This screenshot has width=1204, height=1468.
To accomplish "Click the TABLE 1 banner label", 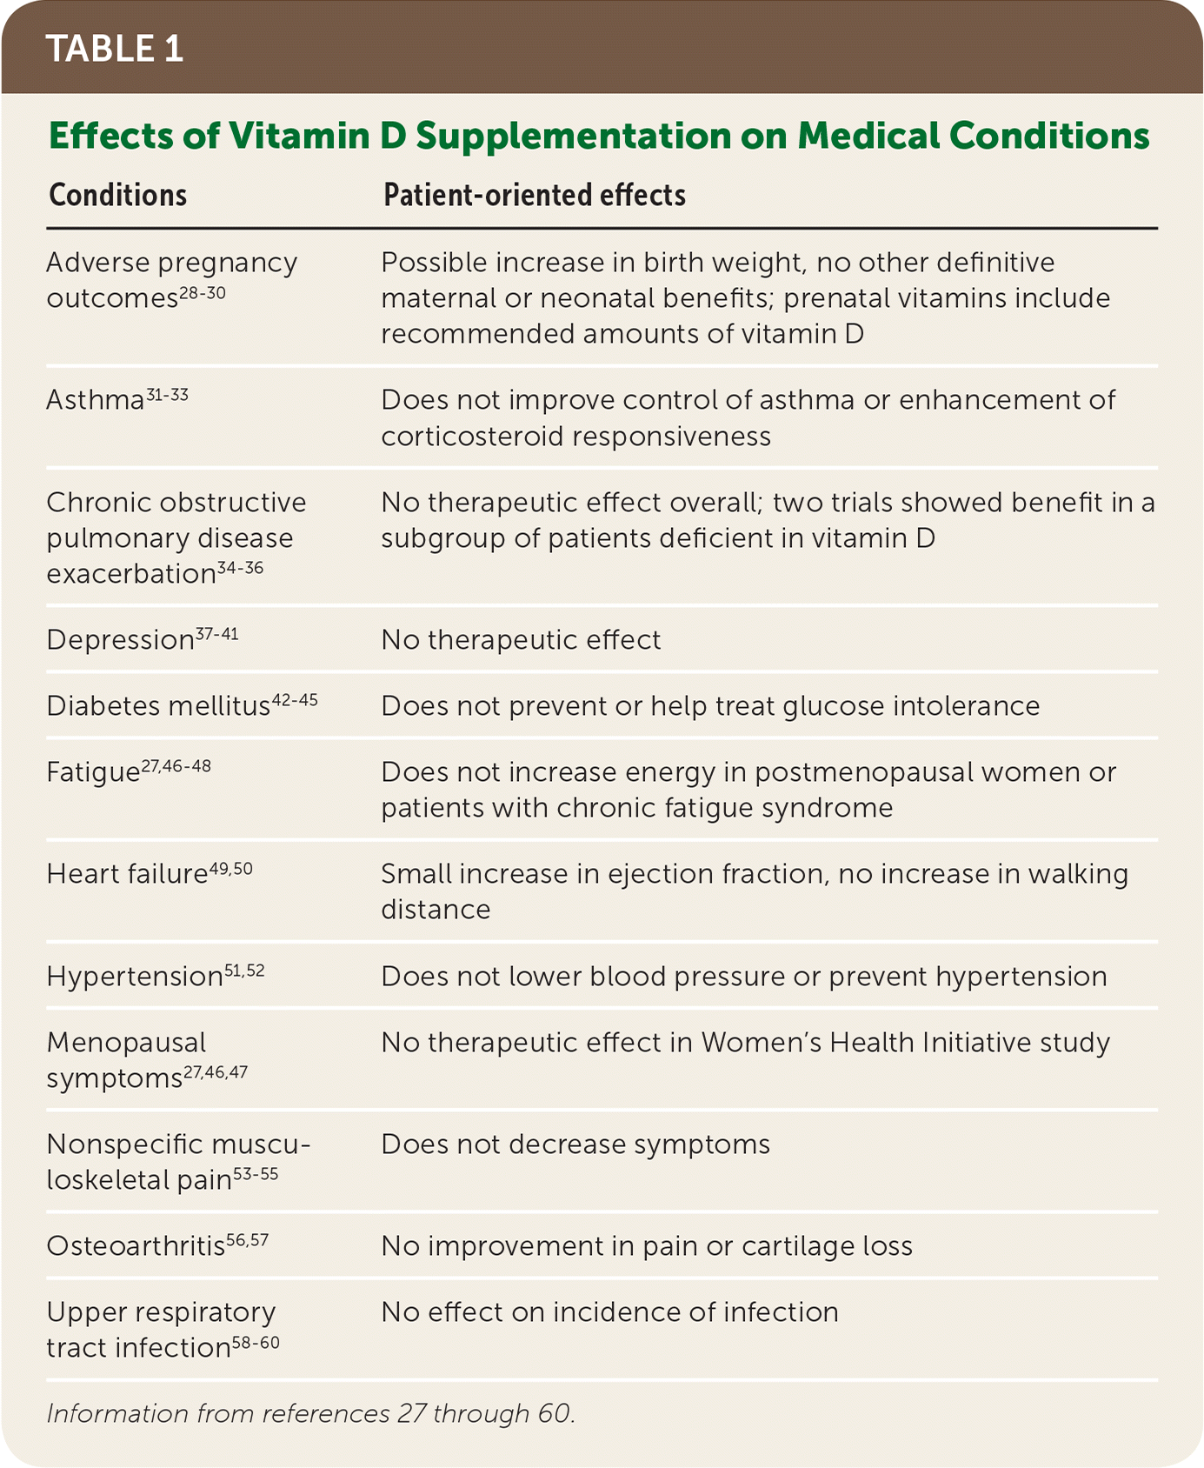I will tap(115, 49).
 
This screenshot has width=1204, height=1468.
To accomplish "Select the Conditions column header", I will tap(118, 195).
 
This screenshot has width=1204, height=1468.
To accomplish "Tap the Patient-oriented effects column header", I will tap(535, 195).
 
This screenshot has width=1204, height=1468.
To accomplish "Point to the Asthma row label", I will tap(95, 401).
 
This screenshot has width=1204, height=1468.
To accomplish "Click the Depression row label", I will tap(120, 641).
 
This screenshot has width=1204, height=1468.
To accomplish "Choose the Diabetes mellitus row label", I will tap(158, 706).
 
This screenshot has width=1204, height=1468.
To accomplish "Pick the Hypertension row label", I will tap(135, 977).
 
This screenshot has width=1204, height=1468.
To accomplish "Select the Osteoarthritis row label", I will tap(136, 1246).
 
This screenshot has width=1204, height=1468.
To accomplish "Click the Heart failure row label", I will tap(127, 874).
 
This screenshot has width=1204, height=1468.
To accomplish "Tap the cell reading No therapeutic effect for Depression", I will tap(521, 640).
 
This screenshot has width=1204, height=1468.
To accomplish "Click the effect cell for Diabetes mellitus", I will tap(710, 706).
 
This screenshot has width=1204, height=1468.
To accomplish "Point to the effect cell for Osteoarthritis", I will tap(647, 1246).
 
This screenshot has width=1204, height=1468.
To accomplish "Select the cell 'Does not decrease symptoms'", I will tap(575, 1144).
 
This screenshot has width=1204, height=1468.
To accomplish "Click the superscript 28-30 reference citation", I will tap(203, 294).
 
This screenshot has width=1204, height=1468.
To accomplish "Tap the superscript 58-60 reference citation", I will tap(256, 1343).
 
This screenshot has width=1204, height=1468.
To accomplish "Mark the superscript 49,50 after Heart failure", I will tap(231, 869).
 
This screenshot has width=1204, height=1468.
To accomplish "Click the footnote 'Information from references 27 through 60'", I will tap(310, 1414).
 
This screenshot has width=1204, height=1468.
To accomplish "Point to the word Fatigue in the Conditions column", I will tap(93, 773).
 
